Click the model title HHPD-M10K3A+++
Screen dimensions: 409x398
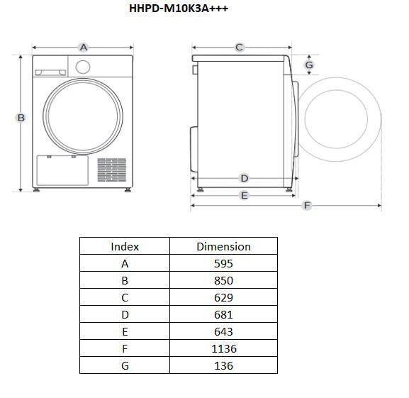point(179,9)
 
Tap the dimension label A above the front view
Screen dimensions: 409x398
point(83,48)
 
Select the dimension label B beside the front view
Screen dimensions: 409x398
point(21,118)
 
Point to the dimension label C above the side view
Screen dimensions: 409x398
point(239,48)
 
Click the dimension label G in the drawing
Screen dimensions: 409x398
point(309,65)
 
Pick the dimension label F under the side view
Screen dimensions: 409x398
point(307,206)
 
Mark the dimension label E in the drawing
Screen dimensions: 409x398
point(245,196)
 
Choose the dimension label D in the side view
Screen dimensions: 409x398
point(245,179)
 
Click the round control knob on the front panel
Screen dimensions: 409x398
point(83,67)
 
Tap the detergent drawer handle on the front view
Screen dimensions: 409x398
point(50,72)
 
